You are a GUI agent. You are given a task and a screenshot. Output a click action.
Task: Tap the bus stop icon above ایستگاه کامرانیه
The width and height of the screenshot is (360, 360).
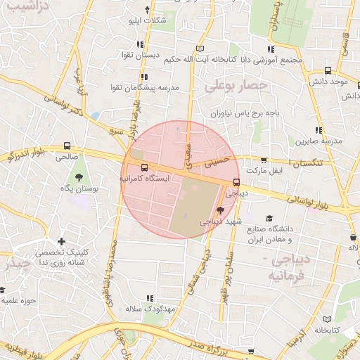144,168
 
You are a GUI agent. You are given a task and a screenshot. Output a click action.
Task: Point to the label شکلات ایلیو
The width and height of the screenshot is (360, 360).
146,20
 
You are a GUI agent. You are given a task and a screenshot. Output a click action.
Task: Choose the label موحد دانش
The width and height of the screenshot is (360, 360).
333,82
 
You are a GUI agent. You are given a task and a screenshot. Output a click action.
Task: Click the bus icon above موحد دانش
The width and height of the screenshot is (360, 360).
328,70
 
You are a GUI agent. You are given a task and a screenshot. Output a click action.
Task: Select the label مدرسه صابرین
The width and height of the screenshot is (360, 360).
319,141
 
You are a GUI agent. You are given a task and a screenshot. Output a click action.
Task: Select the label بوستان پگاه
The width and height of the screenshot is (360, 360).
79,188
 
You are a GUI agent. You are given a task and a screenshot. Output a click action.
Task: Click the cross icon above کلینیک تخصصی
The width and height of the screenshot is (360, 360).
61,241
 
